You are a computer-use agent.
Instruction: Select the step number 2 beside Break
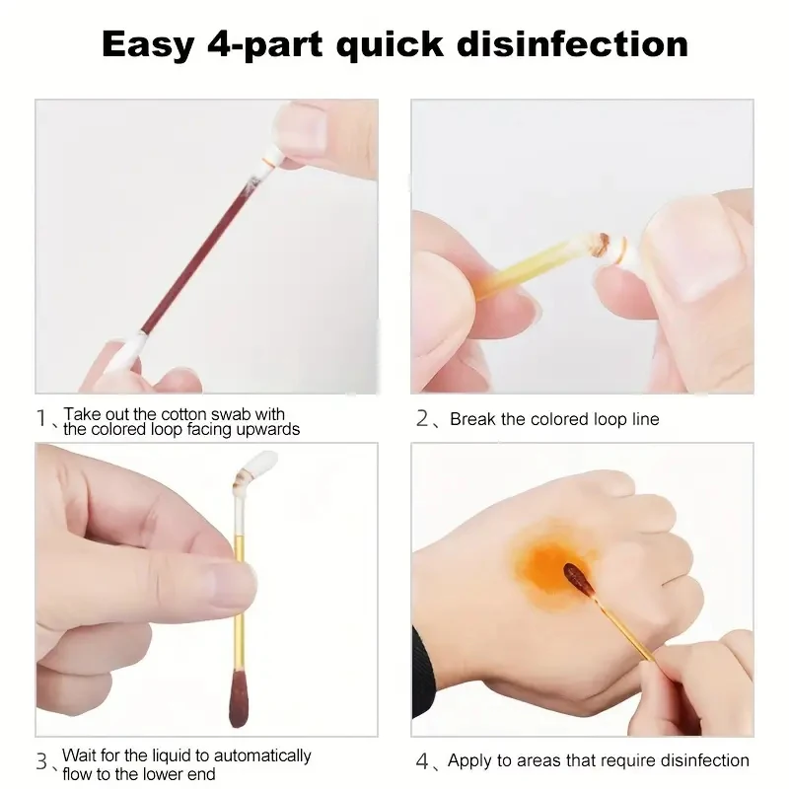click(x=422, y=419)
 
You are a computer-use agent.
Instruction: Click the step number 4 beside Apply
click(x=422, y=761)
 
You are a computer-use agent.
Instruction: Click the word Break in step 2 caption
click(x=473, y=419)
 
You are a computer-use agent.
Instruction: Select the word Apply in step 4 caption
click(x=469, y=760)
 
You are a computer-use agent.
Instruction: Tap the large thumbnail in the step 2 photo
click(x=690, y=242)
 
